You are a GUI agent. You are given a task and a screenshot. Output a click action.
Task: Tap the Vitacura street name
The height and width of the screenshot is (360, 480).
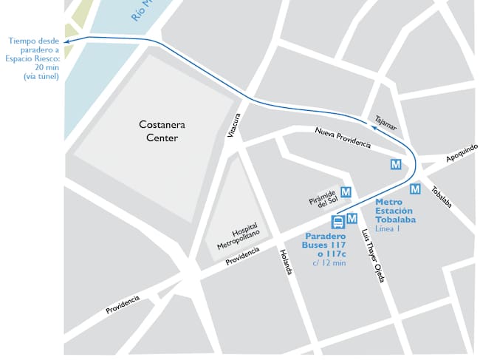click(x=236, y=126)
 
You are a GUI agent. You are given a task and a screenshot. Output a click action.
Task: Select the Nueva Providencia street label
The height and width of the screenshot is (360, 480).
click(x=342, y=137)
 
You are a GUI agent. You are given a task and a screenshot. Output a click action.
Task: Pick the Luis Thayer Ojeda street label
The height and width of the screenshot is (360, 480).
click(x=374, y=255)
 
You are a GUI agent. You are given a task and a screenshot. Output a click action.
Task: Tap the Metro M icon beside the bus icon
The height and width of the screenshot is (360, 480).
click(x=352, y=218)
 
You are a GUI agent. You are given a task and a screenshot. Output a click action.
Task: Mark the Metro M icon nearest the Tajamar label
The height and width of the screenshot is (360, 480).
click(x=396, y=164)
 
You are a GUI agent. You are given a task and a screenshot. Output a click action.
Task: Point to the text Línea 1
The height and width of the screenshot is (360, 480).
click(x=388, y=228)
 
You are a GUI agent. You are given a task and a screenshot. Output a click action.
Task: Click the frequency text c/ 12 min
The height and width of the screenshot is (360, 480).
click(x=329, y=262)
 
